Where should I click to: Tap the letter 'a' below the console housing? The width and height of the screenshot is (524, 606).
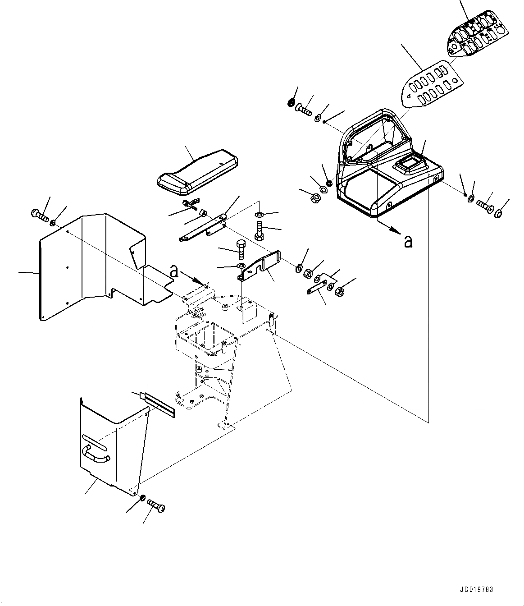point(408,242)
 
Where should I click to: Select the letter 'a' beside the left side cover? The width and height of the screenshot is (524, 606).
point(174,271)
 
